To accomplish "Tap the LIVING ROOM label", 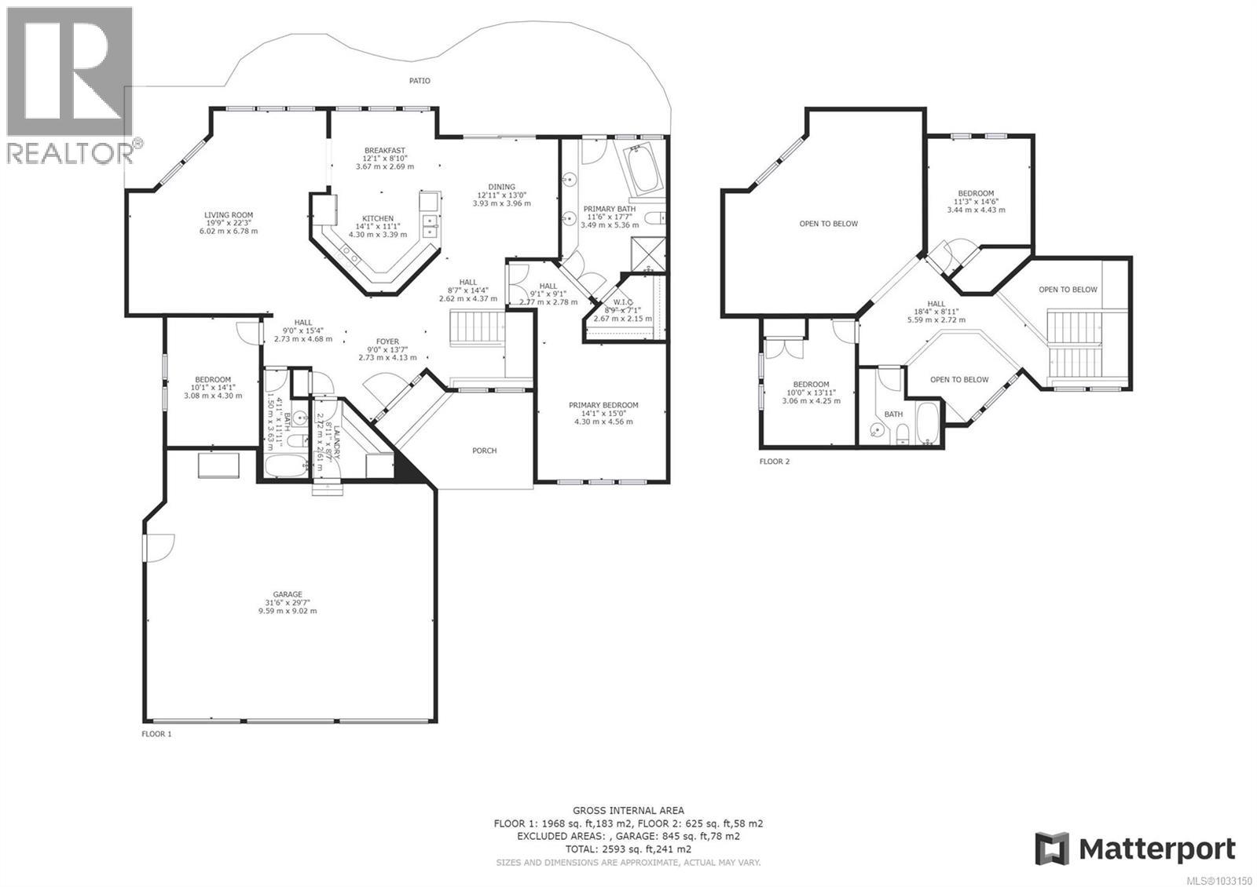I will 229,215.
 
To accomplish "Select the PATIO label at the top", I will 420,81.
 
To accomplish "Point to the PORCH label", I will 484,451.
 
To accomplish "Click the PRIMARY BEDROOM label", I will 603,406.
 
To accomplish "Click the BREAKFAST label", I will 384,151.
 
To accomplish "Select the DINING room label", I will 501,187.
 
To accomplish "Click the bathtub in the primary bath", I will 643,170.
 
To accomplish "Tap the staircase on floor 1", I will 477,327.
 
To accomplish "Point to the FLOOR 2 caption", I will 775,462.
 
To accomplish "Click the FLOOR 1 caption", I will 156,734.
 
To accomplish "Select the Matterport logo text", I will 1156,849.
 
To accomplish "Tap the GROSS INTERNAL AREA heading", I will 628,810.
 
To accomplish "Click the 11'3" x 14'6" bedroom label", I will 976,193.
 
